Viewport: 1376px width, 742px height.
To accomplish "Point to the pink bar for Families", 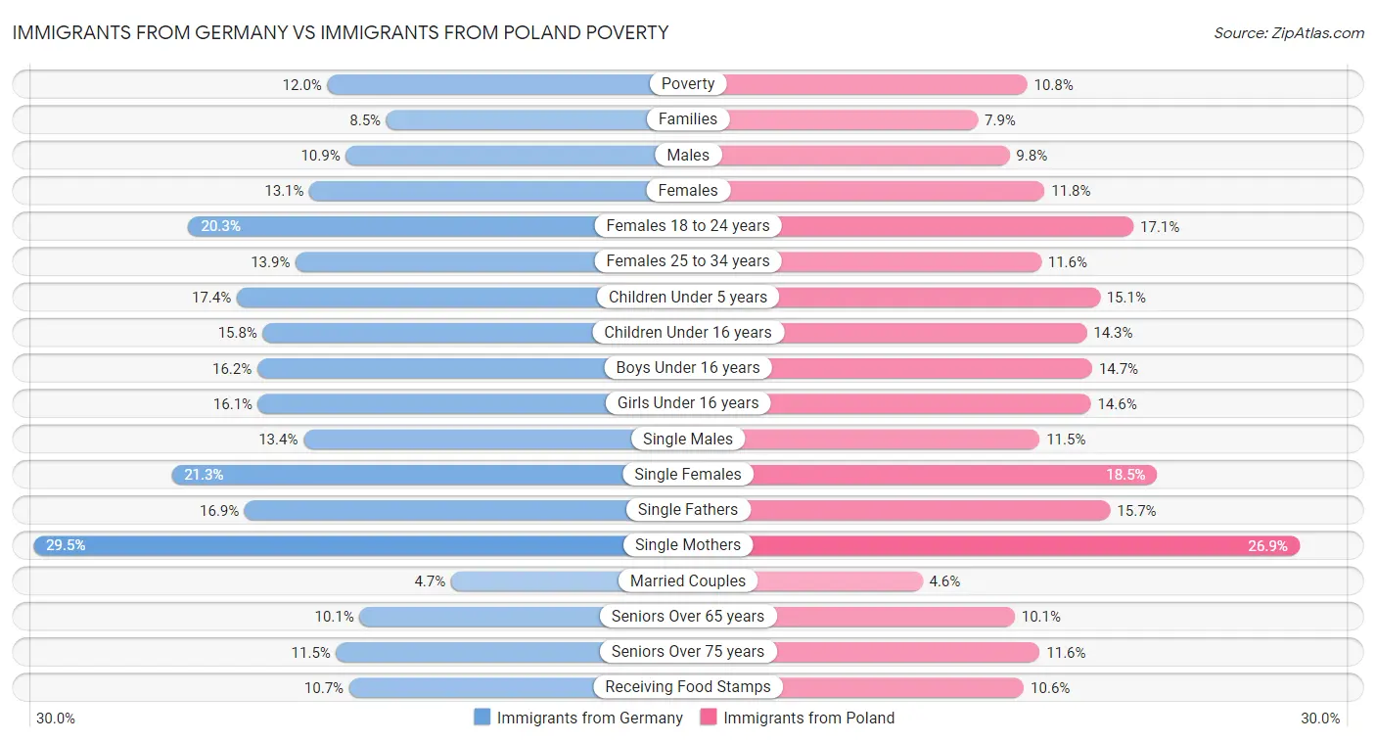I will [x=851, y=119].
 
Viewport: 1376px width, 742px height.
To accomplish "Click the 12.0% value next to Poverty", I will [x=301, y=84].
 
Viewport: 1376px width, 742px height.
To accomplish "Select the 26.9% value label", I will [x=1266, y=545].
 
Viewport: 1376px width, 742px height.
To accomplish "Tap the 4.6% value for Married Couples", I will [x=944, y=580].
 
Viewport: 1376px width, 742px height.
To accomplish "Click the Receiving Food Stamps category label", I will [x=688, y=687].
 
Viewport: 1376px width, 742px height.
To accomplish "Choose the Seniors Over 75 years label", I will [x=688, y=652].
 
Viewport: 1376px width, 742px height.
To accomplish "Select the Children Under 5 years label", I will [x=688, y=297].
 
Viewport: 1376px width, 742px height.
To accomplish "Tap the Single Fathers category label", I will [x=688, y=510].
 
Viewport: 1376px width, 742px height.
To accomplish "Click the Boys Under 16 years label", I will [x=688, y=368].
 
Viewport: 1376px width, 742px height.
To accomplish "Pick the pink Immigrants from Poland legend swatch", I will [x=709, y=718].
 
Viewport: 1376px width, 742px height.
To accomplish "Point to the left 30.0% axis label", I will [x=56, y=718].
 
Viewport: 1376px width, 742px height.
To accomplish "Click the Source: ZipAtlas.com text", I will [x=1288, y=33].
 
